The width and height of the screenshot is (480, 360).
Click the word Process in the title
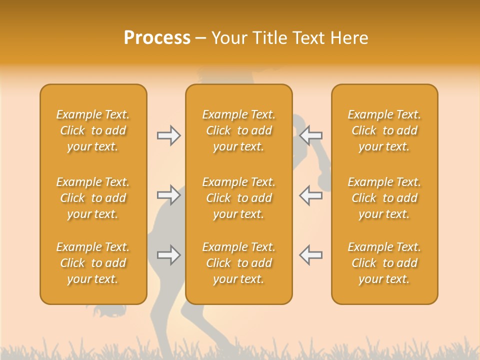click(157, 38)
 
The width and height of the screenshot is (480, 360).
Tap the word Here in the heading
click(349, 38)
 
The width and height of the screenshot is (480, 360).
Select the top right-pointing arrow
click(169, 135)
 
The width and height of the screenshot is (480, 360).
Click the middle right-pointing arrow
click(169, 195)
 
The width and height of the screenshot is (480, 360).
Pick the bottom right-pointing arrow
click(169, 255)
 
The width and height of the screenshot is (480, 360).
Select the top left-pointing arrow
click(311, 135)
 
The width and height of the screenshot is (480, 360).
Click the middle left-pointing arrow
click(311, 195)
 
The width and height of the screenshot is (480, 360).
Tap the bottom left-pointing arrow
click(311, 255)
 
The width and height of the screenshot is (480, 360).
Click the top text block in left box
click(93, 130)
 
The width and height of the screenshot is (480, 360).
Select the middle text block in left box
click(93, 198)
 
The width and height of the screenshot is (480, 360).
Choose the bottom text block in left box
click(93, 263)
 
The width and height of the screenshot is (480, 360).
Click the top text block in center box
click(239, 130)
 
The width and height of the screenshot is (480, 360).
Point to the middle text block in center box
click(239, 198)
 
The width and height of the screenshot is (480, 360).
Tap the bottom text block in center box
click(239, 263)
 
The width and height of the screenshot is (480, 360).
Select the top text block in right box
click(384, 130)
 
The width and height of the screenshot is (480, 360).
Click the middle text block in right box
click(384, 198)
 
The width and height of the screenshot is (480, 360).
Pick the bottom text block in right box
click(384, 263)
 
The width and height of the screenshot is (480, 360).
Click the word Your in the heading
click(228, 38)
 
